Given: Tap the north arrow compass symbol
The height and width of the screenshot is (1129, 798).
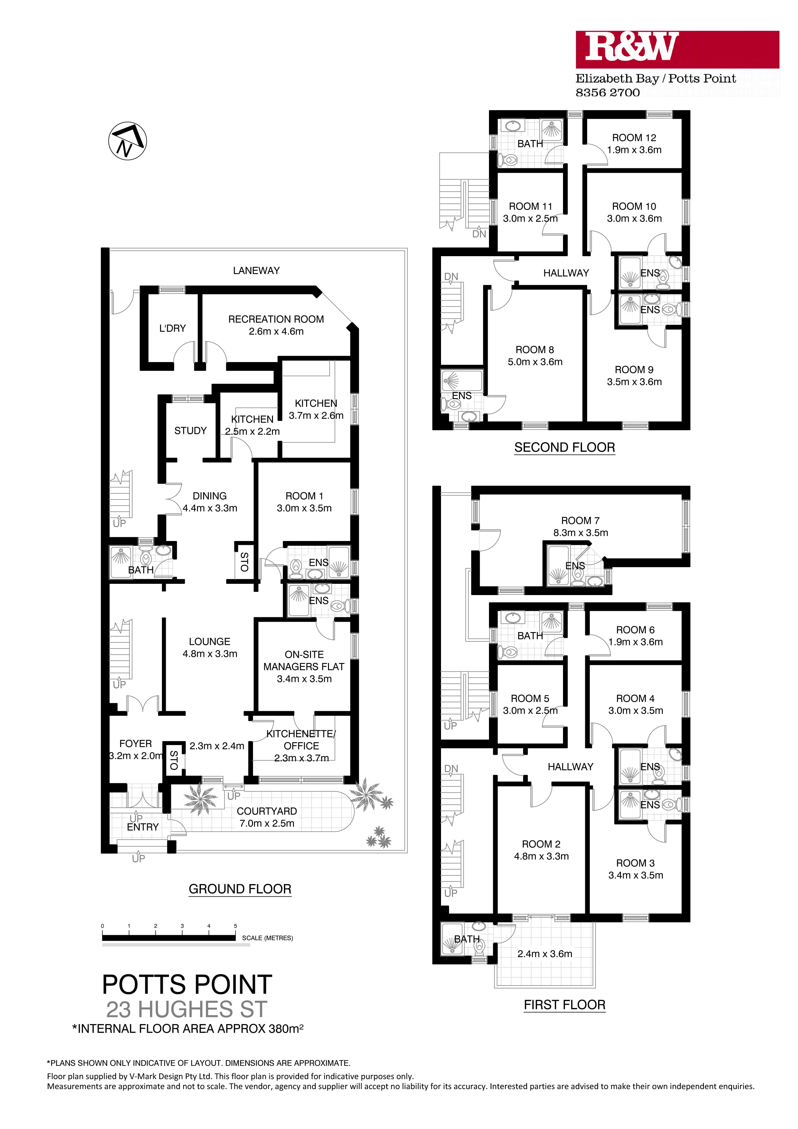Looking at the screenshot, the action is click(x=127, y=141).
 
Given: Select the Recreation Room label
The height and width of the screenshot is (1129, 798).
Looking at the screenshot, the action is click(x=276, y=319).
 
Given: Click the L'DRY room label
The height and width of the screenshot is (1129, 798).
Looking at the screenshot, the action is click(x=172, y=328).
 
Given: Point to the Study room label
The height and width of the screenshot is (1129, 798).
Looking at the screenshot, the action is click(x=190, y=431).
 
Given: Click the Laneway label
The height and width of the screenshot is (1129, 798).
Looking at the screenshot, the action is click(x=256, y=270).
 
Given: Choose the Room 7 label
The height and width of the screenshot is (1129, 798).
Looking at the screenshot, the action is click(x=580, y=520).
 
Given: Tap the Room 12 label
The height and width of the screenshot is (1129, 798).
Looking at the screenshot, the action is click(x=634, y=138).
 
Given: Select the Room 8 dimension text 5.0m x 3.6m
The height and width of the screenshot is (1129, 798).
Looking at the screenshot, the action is click(x=535, y=362).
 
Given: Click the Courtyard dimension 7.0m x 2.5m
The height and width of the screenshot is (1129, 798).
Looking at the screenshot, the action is click(x=267, y=823).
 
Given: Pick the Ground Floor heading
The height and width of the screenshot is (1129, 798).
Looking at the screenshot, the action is click(x=240, y=889).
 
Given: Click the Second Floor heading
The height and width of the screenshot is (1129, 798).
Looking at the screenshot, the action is click(x=564, y=447).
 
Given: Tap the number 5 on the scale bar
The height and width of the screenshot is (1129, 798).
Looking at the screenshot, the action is click(x=236, y=926).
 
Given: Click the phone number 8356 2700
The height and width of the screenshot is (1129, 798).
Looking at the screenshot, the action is click(x=608, y=92).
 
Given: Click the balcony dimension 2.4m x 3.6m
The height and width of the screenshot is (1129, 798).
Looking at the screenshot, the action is click(x=545, y=954).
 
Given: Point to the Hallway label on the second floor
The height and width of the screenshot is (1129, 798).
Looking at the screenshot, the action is click(x=566, y=273).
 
